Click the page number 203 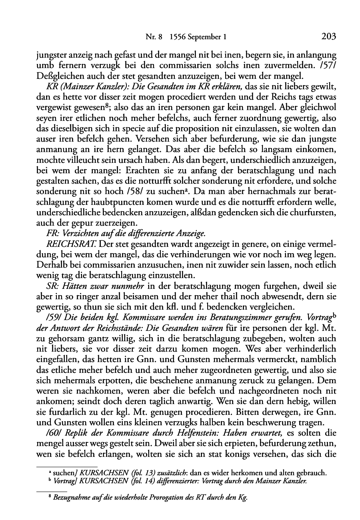click(328, 37)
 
